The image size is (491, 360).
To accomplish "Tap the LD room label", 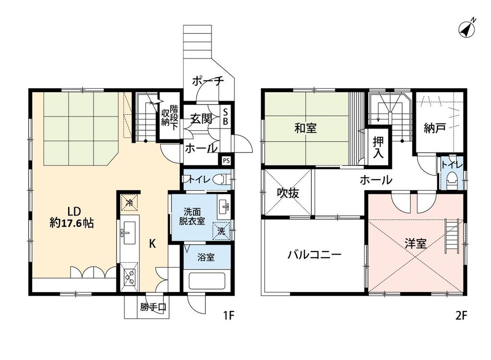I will click(x=73, y=210).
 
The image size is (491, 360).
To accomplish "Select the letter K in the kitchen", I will click(x=152, y=244).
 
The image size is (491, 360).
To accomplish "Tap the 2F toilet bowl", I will click(x=451, y=181).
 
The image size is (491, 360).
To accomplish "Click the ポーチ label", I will click(x=208, y=81).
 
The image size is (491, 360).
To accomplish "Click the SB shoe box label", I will click(x=225, y=116).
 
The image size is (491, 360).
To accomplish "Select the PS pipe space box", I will click(x=225, y=160).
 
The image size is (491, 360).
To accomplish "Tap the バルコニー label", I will click(x=314, y=255).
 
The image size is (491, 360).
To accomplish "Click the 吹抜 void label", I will click(x=288, y=193).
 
